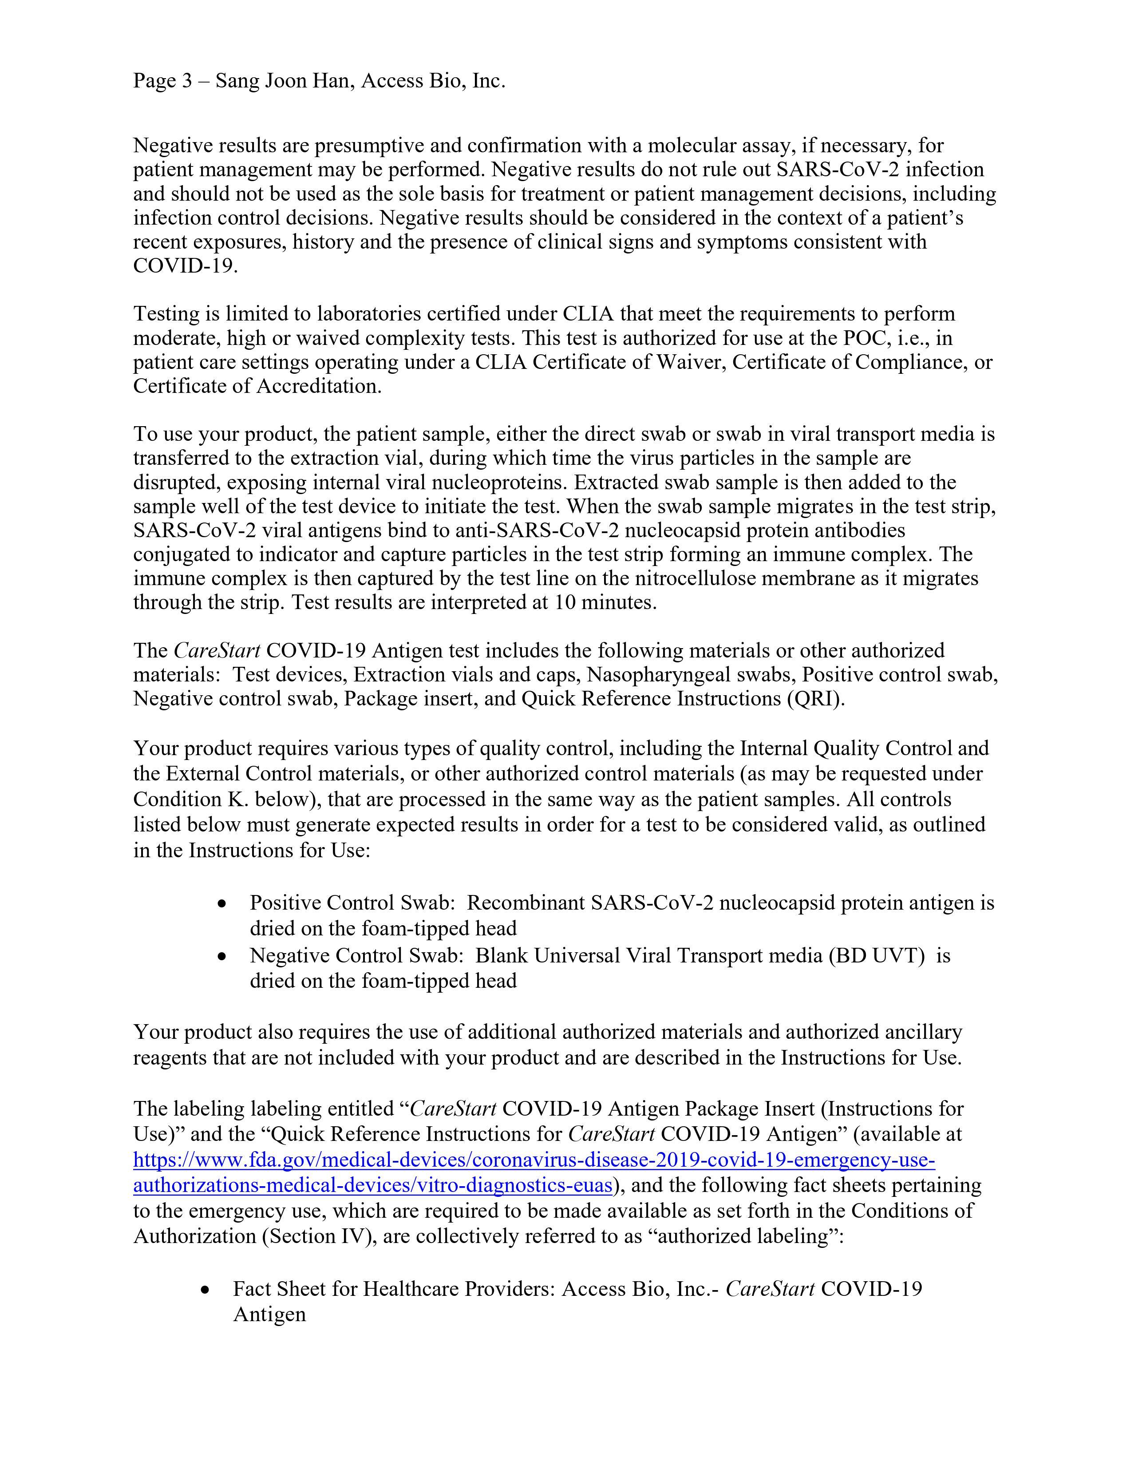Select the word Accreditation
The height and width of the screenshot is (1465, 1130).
point(319,386)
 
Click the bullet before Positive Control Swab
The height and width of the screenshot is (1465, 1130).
point(222,905)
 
